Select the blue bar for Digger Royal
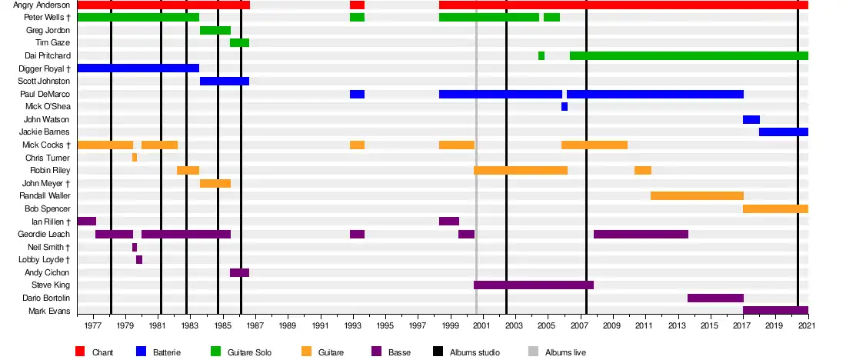[138, 68]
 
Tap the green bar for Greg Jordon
[215, 30]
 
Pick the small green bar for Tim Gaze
[239, 42]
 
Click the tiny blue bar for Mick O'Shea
[565, 107]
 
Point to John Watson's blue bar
[751, 119]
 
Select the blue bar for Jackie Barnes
[783, 132]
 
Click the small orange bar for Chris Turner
[135, 158]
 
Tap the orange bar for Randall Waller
[697, 195]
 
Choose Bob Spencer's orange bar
[775, 208]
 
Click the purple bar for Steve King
[534, 285]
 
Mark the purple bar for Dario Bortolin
[715, 298]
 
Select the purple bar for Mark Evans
[775, 311]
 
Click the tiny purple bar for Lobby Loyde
[139, 259]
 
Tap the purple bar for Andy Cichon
[239, 272]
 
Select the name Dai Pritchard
[48, 56]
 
